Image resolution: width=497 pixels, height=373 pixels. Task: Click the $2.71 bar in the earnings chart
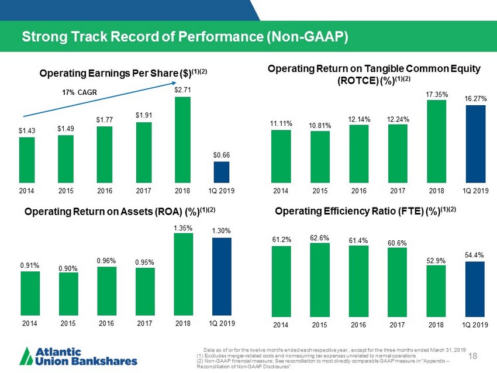click(182, 140)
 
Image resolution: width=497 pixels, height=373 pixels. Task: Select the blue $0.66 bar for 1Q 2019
click(221, 172)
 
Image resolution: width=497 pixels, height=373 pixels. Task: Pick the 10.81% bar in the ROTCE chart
click(319, 157)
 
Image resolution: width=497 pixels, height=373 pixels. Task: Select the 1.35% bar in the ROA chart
click(182, 275)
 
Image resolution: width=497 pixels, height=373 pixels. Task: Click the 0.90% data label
click(68, 268)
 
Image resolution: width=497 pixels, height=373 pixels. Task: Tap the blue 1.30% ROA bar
click(221, 278)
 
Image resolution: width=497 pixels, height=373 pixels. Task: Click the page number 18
click(474, 354)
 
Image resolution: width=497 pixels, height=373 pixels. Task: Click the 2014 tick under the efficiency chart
click(280, 323)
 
